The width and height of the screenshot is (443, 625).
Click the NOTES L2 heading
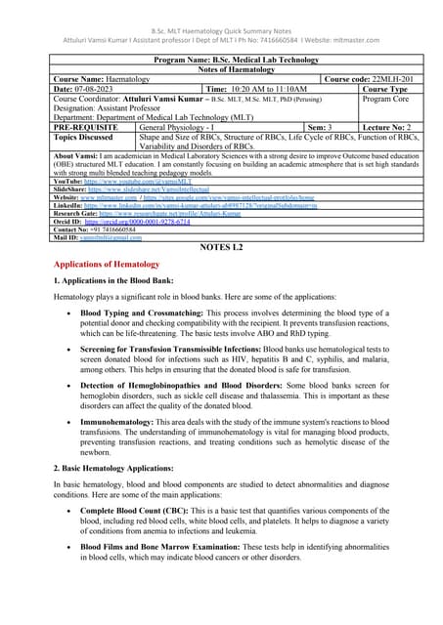click(221, 248)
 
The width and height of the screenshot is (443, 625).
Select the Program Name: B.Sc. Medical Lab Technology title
click(221, 59)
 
